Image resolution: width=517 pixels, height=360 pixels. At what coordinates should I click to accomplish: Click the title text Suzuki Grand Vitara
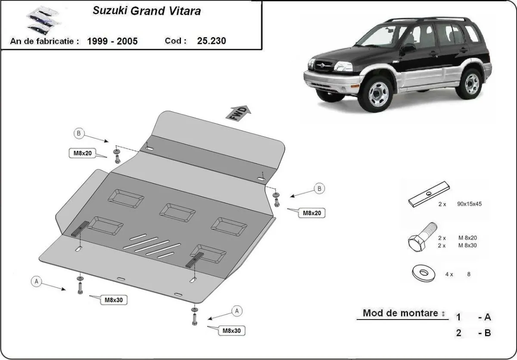(x=146, y=11)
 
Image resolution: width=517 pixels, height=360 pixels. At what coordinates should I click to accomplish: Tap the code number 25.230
(x=211, y=41)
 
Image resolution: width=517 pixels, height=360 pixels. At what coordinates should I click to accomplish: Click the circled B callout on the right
(x=319, y=188)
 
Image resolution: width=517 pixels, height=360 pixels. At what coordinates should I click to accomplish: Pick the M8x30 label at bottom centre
(x=231, y=331)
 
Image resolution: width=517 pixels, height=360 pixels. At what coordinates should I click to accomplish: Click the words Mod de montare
(x=401, y=313)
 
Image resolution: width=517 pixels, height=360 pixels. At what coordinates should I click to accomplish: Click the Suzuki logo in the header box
(x=37, y=19)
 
